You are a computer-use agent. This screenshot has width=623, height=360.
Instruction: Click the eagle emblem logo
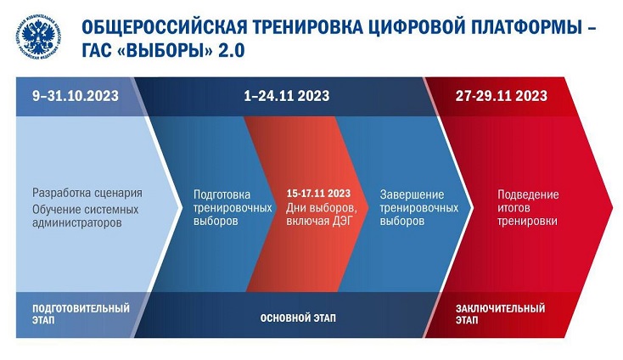pyautogui.click(x=38, y=37)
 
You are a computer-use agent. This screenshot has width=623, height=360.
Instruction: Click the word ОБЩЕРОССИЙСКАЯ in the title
pyautogui.click(x=164, y=28)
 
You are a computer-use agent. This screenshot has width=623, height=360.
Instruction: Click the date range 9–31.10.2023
pyautogui.click(x=76, y=96)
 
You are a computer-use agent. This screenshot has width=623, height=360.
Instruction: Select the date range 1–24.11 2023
pyautogui.click(x=287, y=96)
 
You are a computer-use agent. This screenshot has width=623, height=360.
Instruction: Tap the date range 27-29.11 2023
pyautogui.click(x=502, y=96)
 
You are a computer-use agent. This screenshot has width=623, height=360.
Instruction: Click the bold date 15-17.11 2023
pyautogui.click(x=318, y=194)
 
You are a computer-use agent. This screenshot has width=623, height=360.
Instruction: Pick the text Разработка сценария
pyautogui.click(x=87, y=193)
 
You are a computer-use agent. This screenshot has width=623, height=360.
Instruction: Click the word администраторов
pyautogui.click(x=77, y=222)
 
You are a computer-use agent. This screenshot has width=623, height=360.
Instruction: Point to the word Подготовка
pyautogui.click(x=222, y=194)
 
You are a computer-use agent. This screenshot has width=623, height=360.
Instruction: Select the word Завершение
pyautogui.click(x=412, y=194)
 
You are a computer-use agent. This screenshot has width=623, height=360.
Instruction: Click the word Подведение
pyautogui.click(x=528, y=194)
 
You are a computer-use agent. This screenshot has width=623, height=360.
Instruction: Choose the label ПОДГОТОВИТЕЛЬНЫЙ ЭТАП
pyautogui.click(x=81, y=314)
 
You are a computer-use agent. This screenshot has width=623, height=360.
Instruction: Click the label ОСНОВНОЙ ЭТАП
pyautogui.click(x=298, y=318)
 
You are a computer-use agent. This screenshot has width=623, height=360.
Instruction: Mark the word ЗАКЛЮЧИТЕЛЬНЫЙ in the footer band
pyautogui.click(x=500, y=308)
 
